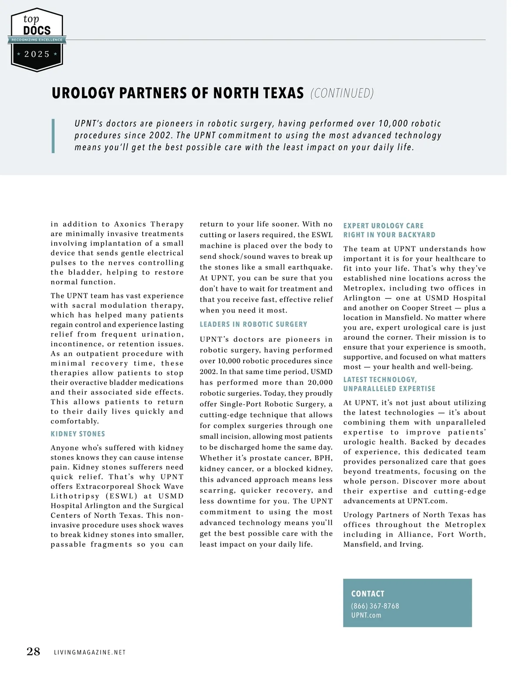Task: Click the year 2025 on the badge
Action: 37,54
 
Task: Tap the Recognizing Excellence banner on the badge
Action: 37,40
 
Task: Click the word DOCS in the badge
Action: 37,30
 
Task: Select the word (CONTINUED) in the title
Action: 342,93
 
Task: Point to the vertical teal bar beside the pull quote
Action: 53,136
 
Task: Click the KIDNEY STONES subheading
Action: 78,434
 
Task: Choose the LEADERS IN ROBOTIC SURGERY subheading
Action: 253,324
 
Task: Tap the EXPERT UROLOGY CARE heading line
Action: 383,226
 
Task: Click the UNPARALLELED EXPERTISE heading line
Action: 389,389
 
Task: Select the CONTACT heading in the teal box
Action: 367,594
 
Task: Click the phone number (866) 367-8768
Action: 375,606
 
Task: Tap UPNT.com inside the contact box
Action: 366,615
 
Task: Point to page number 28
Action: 33,652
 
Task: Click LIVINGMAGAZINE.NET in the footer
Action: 90,652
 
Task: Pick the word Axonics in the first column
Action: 130,224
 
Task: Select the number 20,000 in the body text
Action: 320,382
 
